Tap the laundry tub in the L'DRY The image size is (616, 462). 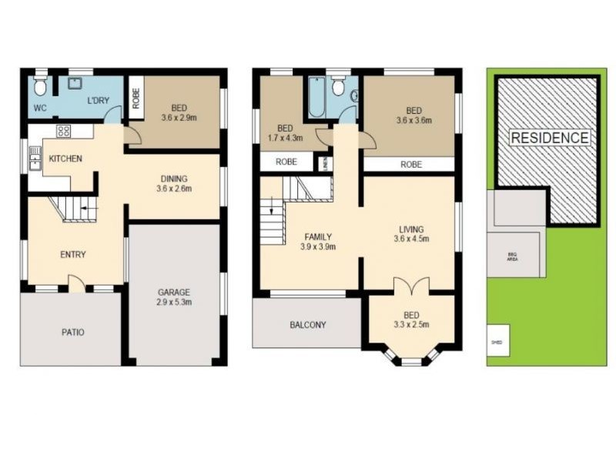76,82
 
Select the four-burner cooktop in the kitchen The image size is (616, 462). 63,131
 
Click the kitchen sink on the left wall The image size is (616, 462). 34,157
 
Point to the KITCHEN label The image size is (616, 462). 65,159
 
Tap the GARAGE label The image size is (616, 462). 174,292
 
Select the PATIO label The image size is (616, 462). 72,333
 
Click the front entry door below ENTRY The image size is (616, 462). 76,285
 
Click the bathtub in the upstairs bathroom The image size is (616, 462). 316,99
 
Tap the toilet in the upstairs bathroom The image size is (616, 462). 338,86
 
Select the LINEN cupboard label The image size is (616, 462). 325,163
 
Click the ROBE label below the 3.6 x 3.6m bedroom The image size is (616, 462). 410,164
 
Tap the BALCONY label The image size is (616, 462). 307,325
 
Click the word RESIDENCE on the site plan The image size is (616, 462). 550,138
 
